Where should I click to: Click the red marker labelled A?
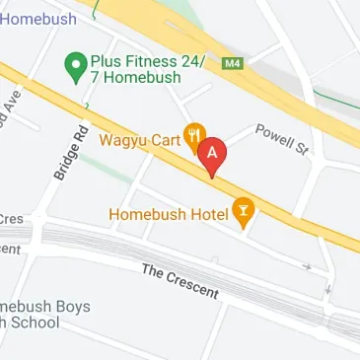[212, 157]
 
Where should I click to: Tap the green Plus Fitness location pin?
[73, 66]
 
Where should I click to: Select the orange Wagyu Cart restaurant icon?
[196, 138]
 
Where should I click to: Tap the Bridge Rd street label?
[70, 153]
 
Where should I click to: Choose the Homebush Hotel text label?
[169, 212]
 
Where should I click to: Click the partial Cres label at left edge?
[11, 219]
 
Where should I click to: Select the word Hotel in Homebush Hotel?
[204, 212]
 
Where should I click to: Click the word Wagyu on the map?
[125, 140]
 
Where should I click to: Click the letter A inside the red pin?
[212, 152]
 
